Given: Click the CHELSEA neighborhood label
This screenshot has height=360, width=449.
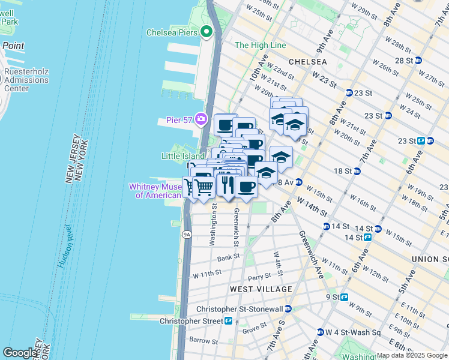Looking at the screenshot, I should point(308,62).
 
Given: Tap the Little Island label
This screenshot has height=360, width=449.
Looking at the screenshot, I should point(182,155).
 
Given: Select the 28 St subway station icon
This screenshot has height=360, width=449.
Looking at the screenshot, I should point(418,60).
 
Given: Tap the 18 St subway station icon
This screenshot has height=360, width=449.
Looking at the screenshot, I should point(357,171).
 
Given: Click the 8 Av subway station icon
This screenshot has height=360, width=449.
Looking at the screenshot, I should point(298,182).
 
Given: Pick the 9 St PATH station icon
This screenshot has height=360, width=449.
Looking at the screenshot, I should point(345,297).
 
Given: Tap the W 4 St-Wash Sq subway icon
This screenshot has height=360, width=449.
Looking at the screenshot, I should point(321,332).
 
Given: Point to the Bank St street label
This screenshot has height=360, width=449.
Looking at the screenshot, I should point(228,257).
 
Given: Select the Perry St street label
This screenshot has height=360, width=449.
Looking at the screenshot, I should point(259,277).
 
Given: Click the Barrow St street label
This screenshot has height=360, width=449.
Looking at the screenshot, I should point(202,340).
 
